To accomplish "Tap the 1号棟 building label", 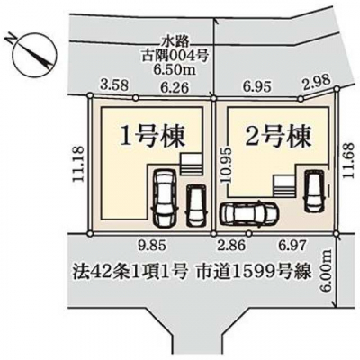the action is (x=152, y=137).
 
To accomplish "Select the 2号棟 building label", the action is (x=277, y=138).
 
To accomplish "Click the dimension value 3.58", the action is (x=114, y=85).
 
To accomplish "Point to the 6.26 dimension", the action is (x=175, y=87).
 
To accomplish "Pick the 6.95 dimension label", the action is (x=256, y=87).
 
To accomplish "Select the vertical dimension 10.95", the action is (x=226, y=165).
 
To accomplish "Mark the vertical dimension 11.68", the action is (x=348, y=160).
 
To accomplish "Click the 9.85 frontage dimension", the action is (x=151, y=246).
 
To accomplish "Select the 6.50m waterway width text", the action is (x=175, y=70).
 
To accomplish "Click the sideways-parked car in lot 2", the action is (x=249, y=213).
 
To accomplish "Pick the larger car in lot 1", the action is (x=165, y=198).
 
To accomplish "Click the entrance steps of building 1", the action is (x=191, y=164).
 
